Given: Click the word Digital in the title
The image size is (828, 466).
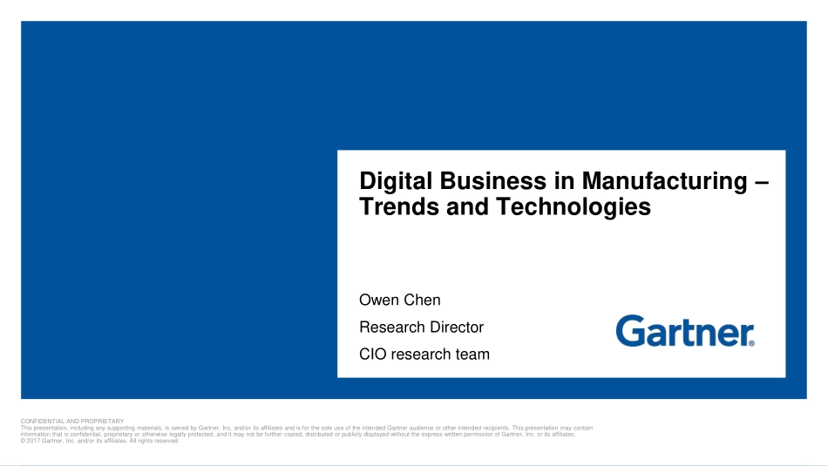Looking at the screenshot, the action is pyautogui.click(x=396, y=182).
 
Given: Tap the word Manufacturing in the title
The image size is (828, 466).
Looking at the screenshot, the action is pyautogui.click(x=664, y=182).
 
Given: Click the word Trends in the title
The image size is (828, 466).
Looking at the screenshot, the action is pyautogui.click(x=399, y=206).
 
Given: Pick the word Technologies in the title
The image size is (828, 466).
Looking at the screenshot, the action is pyautogui.click(x=573, y=207).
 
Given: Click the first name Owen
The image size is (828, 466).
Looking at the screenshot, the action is pyautogui.click(x=377, y=300).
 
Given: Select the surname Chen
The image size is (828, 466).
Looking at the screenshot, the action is pyautogui.click(x=420, y=300).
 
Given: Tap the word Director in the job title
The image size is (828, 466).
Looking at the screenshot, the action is pyautogui.click(x=457, y=328).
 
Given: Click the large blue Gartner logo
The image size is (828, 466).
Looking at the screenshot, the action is pyautogui.click(x=685, y=331).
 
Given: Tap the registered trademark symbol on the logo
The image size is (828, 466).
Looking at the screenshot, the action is pyautogui.click(x=751, y=343).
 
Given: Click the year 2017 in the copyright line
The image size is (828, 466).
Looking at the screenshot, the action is pyautogui.click(x=33, y=441).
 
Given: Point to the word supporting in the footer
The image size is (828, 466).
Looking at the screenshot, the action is pyautogui.click(x=121, y=428).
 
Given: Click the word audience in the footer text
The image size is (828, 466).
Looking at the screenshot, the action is pyautogui.click(x=421, y=428).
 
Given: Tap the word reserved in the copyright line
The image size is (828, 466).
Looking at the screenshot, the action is pyautogui.click(x=166, y=441).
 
